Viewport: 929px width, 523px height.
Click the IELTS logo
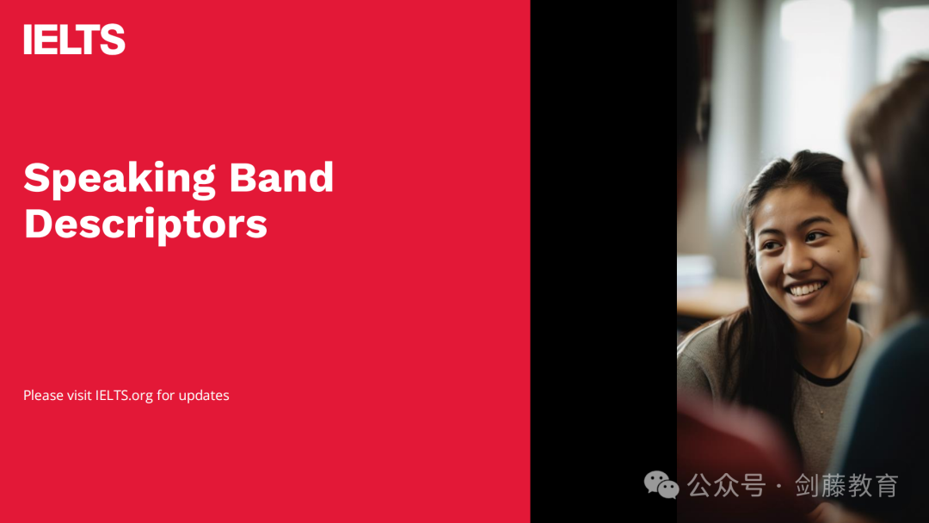(x=74, y=39)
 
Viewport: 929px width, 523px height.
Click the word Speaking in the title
(x=120, y=179)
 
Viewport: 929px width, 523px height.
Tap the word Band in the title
(x=281, y=177)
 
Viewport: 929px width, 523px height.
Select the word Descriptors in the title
(x=145, y=225)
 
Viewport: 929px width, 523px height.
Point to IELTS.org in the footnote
(x=125, y=396)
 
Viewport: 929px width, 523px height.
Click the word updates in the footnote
(x=204, y=395)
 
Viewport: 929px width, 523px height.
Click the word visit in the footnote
(x=79, y=395)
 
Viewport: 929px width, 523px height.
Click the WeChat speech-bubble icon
(x=661, y=484)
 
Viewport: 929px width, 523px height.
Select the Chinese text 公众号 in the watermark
(x=726, y=485)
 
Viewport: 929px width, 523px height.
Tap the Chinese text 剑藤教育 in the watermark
(x=846, y=485)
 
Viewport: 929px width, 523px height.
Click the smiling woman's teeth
(x=805, y=290)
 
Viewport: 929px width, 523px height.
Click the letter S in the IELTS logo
(x=113, y=39)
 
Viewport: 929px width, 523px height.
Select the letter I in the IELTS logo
(x=28, y=40)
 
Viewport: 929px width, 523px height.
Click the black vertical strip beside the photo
(x=604, y=261)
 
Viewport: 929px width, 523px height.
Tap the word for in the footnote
(x=165, y=395)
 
